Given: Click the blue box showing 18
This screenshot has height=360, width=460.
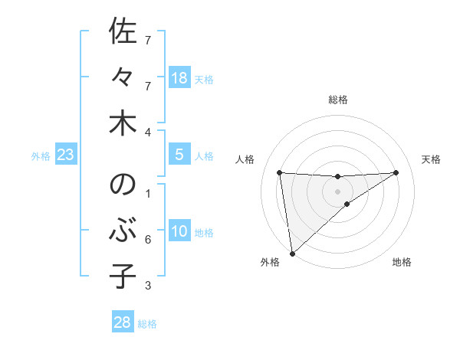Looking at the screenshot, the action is click(x=179, y=77).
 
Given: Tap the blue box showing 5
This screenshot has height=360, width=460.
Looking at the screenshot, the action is click(x=179, y=155).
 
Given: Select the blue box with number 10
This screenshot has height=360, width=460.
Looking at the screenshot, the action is click(x=179, y=231).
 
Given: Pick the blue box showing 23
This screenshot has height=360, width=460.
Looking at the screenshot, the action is click(x=66, y=155).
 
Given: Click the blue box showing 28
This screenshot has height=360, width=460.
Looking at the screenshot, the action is click(x=123, y=322).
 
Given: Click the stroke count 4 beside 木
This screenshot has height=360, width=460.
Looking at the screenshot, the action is click(x=148, y=132).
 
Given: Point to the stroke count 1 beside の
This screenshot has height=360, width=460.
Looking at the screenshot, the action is click(x=148, y=193).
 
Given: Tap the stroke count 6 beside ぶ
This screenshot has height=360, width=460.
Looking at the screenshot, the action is click(x=148, y=240).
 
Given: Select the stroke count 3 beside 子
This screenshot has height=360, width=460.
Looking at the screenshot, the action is click(x=148, y=286).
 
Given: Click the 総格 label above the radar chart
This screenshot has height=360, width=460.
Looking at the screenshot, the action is click(x=337, y=100).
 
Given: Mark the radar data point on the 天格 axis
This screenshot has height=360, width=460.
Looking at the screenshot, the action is click(x=396, y=172).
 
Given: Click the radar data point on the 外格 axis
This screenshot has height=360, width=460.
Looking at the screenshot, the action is click(x=292, y=253).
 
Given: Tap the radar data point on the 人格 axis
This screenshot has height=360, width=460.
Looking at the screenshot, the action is click(x=279, y=172).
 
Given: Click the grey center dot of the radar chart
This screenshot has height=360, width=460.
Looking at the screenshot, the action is click(x=337, y=191).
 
